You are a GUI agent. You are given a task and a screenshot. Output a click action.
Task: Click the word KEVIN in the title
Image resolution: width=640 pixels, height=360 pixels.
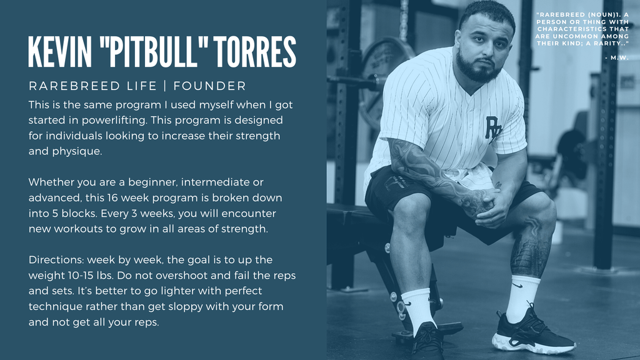point(61,52)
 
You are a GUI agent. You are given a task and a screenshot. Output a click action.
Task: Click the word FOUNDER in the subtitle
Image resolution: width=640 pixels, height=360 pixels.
point(210,86)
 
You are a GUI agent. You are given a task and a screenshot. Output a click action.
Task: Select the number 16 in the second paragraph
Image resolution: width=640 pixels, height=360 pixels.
point(112,198)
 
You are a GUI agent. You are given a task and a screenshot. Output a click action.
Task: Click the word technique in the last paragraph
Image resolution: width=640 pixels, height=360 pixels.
point(55,307)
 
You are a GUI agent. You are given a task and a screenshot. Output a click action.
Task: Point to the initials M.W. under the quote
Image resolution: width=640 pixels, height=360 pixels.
point(619,58)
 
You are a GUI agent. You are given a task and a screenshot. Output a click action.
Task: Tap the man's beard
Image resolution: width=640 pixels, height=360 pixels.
point(477,69)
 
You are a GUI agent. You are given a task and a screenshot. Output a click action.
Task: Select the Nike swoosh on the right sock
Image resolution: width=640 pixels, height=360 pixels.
point(517,285)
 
